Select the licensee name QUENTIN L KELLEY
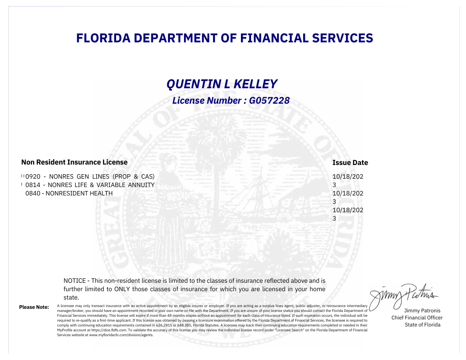pyautogui.click(x=222, y=84)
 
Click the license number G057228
pyautogui.click(x=269, y=101)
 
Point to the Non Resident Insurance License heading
pyautogui.click(x=74, y=162)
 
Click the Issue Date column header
pyautogui.click(x=350, y=163)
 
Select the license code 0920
pyautogui.click(x=33, y=176)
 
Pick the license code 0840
pyautogui.click(x=33, y=193)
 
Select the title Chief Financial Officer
pyautogui.click(x=417, y=318)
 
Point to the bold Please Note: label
pyautogui.click(x=34, y=307)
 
